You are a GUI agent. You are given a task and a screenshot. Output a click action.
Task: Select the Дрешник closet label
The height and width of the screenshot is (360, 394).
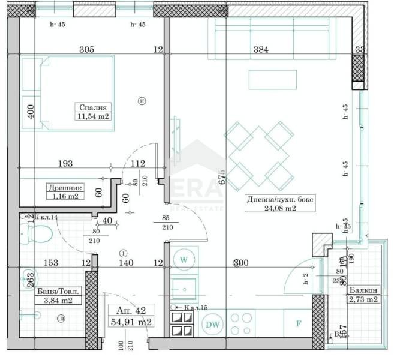(64, 187)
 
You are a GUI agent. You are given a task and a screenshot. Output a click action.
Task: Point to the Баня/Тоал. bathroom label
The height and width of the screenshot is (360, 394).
(58, 292)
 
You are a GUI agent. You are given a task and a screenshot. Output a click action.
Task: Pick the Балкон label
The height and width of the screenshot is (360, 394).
(364, 291)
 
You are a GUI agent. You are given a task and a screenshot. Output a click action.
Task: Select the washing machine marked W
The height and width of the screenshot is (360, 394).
(184, 260)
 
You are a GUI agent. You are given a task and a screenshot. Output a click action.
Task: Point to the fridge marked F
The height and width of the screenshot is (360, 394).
(299, 324)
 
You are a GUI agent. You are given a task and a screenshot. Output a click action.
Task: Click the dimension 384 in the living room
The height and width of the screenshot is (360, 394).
(260, 50)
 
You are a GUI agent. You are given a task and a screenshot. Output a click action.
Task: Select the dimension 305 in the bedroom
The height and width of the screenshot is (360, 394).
(86, 50)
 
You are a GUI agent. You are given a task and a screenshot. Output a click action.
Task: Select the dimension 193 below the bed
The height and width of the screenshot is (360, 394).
(64, 163)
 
